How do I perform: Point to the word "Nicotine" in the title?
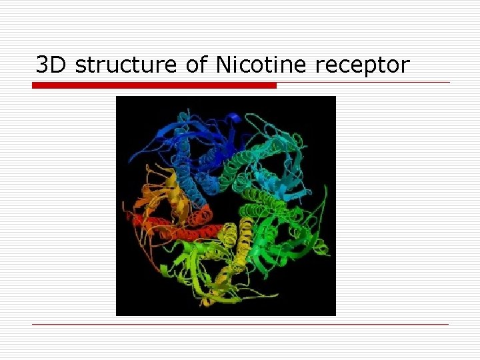[261, 65]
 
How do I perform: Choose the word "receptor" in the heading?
[362, 66]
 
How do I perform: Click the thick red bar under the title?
[154, 85]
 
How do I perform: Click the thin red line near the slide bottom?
[240, 325]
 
